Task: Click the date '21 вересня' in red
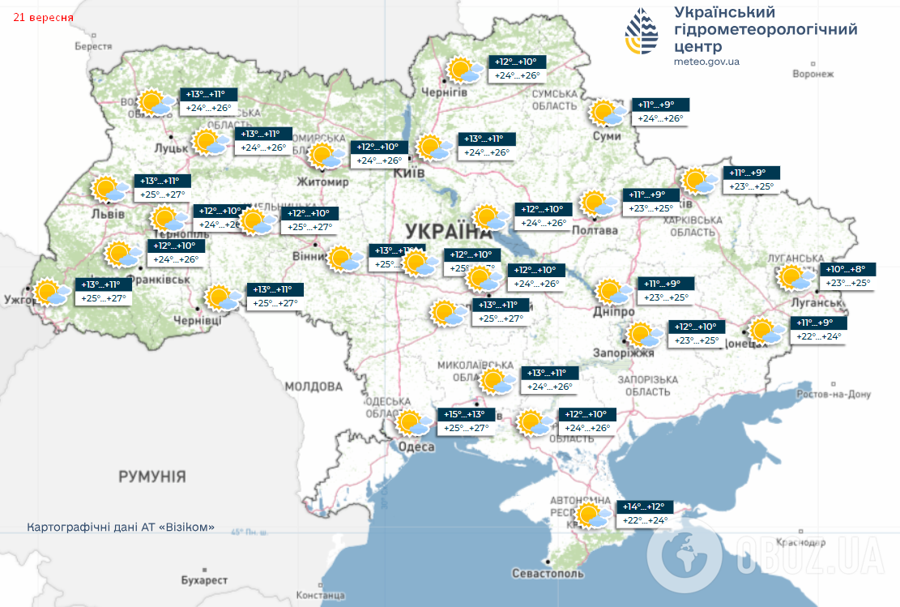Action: (x=43, y=17)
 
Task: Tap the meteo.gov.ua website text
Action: (x=706, y=62)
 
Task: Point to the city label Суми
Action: (x=606, y=136)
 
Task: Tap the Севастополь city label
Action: (x=548, y=573)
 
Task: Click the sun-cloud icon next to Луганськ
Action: (x=797, y=279)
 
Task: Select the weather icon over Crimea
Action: (x=594, y=515)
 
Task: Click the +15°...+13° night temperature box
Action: (x=466, y=414)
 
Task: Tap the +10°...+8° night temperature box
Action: (x=848, y=269)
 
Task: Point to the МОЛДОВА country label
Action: (x=314, y=387)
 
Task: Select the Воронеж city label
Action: (x=813, y=75)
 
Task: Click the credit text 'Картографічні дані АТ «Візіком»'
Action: (x=121, y=527)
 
